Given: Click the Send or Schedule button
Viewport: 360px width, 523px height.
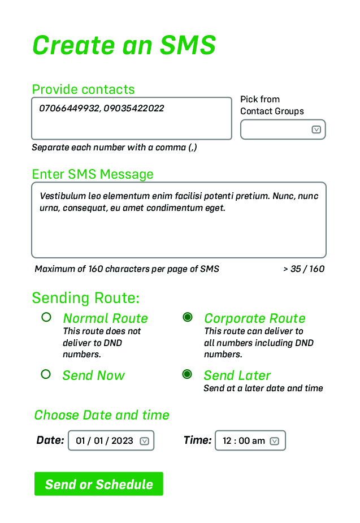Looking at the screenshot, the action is click(x=99, y=483).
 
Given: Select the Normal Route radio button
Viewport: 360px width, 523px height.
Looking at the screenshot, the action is click(x=46, y=317).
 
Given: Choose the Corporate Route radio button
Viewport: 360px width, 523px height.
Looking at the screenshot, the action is click(x=188, y=317).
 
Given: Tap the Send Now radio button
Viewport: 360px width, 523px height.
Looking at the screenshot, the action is click(x=46, y=374).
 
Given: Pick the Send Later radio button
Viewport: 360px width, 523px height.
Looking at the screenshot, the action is click(x=187, y=374).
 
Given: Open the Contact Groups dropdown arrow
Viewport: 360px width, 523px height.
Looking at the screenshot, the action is click(x=316, y=129).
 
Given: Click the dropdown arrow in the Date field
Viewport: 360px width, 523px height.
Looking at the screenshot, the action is click(x=144, y=441).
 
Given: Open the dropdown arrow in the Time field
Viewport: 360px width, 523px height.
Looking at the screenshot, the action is click(x=274, y=441).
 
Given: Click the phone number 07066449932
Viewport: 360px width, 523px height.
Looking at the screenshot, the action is click(x=70, y=108).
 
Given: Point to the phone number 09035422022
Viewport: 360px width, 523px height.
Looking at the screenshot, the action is click(x=134, y=108).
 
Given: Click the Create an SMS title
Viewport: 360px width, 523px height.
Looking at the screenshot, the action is click(x=124, y=45).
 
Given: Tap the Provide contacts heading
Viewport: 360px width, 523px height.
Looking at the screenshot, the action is click(x=83, y=89).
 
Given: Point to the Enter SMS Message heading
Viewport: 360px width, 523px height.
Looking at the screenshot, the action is click(x=93, y=174).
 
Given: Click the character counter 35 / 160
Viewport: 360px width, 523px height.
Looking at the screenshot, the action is click(x=307, y=269).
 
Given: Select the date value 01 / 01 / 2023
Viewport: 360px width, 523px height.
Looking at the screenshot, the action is click(x=105, y=440).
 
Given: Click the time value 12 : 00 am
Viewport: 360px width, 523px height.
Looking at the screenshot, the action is click(x=244, y=440).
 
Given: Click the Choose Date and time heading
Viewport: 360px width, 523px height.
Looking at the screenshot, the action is click(x=102, y=415).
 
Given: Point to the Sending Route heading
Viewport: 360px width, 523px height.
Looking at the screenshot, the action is click(x=86, y=297).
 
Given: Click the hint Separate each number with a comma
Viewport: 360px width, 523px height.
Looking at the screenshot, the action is click(x=114, y=148).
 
